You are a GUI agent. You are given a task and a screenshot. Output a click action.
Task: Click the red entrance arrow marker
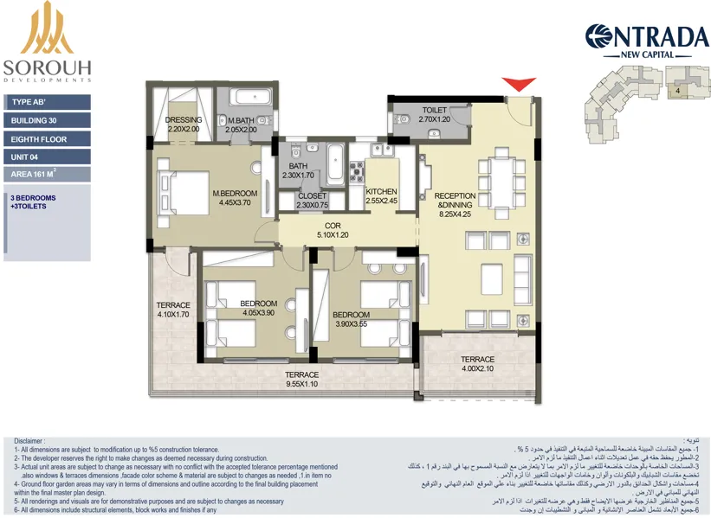pos(519,84)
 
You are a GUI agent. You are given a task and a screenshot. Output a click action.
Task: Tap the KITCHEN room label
pos(381,195)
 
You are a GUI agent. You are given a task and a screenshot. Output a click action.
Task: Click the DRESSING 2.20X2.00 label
pos(184,125)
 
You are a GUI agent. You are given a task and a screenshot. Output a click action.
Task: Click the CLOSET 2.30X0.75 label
pos(312,201)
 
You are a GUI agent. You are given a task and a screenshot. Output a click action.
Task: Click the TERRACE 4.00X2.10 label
pos(477,364)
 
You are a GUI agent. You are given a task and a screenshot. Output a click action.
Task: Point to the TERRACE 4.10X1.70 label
pos(173,310)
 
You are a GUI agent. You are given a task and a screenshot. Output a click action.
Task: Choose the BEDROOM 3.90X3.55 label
pos(351,319)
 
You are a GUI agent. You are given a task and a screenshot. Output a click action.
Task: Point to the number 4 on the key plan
pos(675,89)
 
